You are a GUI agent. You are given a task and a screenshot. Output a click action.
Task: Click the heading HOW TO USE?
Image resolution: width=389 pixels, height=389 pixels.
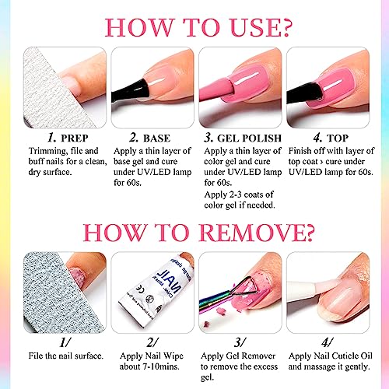(198, 27)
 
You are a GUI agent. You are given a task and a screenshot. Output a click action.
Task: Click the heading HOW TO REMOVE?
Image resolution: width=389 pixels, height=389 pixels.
(198, 232)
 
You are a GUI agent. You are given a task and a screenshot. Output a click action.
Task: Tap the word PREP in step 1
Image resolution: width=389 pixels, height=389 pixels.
(75, 138)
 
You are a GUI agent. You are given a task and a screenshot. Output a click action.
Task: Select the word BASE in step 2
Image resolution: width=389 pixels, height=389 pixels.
(156, 138)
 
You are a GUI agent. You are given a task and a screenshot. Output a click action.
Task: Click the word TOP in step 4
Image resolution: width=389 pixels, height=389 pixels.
(338, 138)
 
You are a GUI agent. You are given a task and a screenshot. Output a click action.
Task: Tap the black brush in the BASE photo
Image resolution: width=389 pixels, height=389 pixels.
(129, 91)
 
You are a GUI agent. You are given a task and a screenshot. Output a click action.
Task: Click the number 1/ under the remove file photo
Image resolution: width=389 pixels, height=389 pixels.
(65, 342)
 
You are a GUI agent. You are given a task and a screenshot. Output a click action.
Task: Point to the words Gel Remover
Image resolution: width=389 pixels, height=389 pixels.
(251, 356)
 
